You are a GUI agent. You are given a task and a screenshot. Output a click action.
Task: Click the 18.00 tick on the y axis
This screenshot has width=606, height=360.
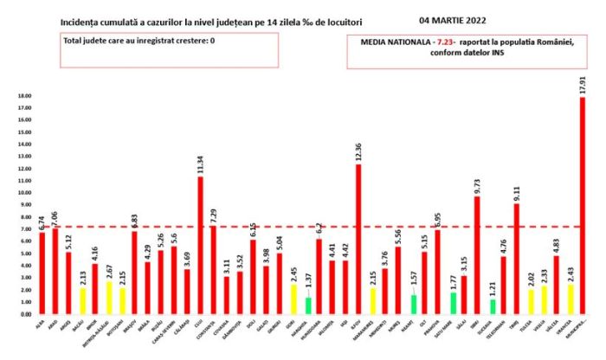click(25, 97)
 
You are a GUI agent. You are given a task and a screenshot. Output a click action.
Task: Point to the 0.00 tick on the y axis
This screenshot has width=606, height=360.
click(26, 313)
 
